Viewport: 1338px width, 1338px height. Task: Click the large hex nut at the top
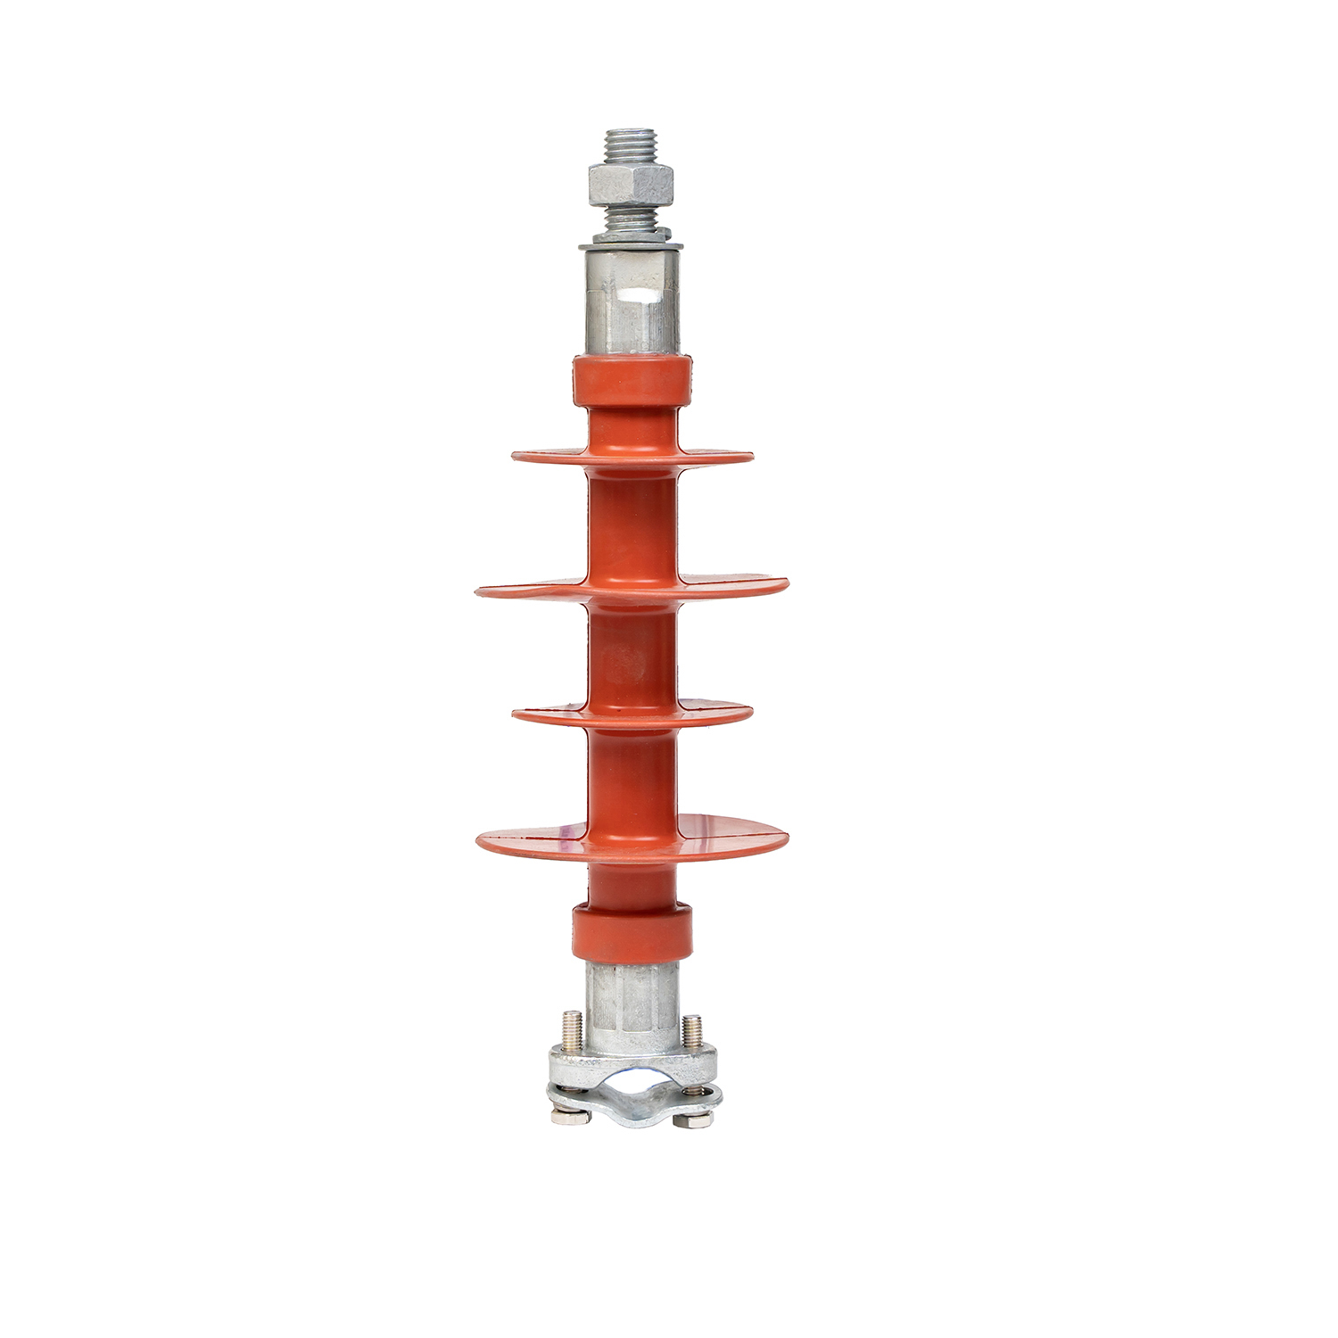tap(630, 186)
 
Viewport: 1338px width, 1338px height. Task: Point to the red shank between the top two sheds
tap(632, 522)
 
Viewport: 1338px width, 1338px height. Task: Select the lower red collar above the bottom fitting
tap(632, 932)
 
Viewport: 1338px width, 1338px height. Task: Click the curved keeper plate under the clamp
tap(632, 1111)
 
